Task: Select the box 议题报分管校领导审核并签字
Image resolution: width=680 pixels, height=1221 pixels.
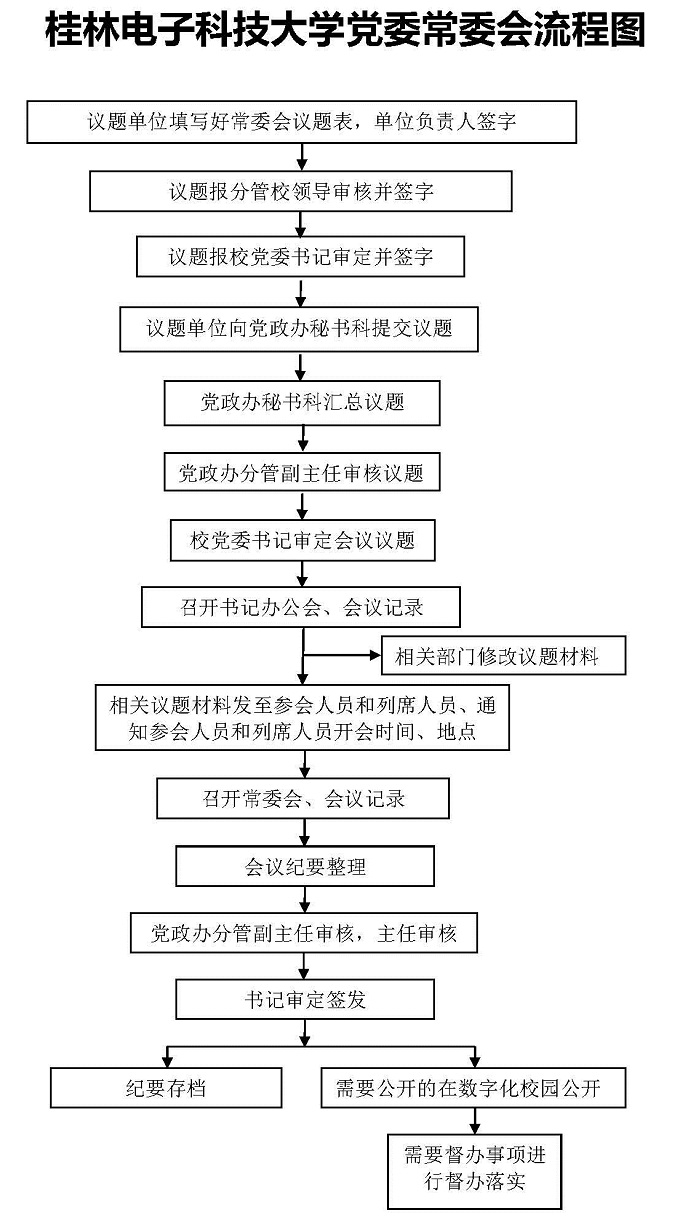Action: click(x=301, y=191)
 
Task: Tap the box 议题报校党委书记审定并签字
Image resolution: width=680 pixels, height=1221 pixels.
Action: click(x=300, y=256)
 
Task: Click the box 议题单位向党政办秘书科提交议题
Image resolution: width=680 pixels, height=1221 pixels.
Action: click(x=299, y=329)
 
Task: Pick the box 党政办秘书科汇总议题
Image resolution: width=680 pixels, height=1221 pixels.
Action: click(x=302, y=403)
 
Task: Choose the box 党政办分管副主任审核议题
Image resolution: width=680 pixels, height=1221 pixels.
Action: click(x=302, y=472)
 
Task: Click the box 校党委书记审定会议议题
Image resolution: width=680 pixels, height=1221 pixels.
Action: click(x=302, y=540)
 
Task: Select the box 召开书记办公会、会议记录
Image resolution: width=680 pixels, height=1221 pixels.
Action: click(x=301, y=607)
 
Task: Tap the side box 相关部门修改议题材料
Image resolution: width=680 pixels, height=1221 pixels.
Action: click(x=503, y=655)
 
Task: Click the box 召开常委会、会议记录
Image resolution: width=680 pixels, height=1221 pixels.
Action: click(x=303, y=799)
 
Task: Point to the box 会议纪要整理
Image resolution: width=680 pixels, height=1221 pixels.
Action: click(x=305, y=866)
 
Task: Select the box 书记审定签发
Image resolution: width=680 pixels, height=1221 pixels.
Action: click(x=305, y=999)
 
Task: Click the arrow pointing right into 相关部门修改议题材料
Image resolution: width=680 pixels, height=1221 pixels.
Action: click(x=342, y=655)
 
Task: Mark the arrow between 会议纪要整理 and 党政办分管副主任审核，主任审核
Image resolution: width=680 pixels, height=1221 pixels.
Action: click(x=305, y=899)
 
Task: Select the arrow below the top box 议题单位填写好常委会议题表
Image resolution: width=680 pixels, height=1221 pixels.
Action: click(x=302, y=157)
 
